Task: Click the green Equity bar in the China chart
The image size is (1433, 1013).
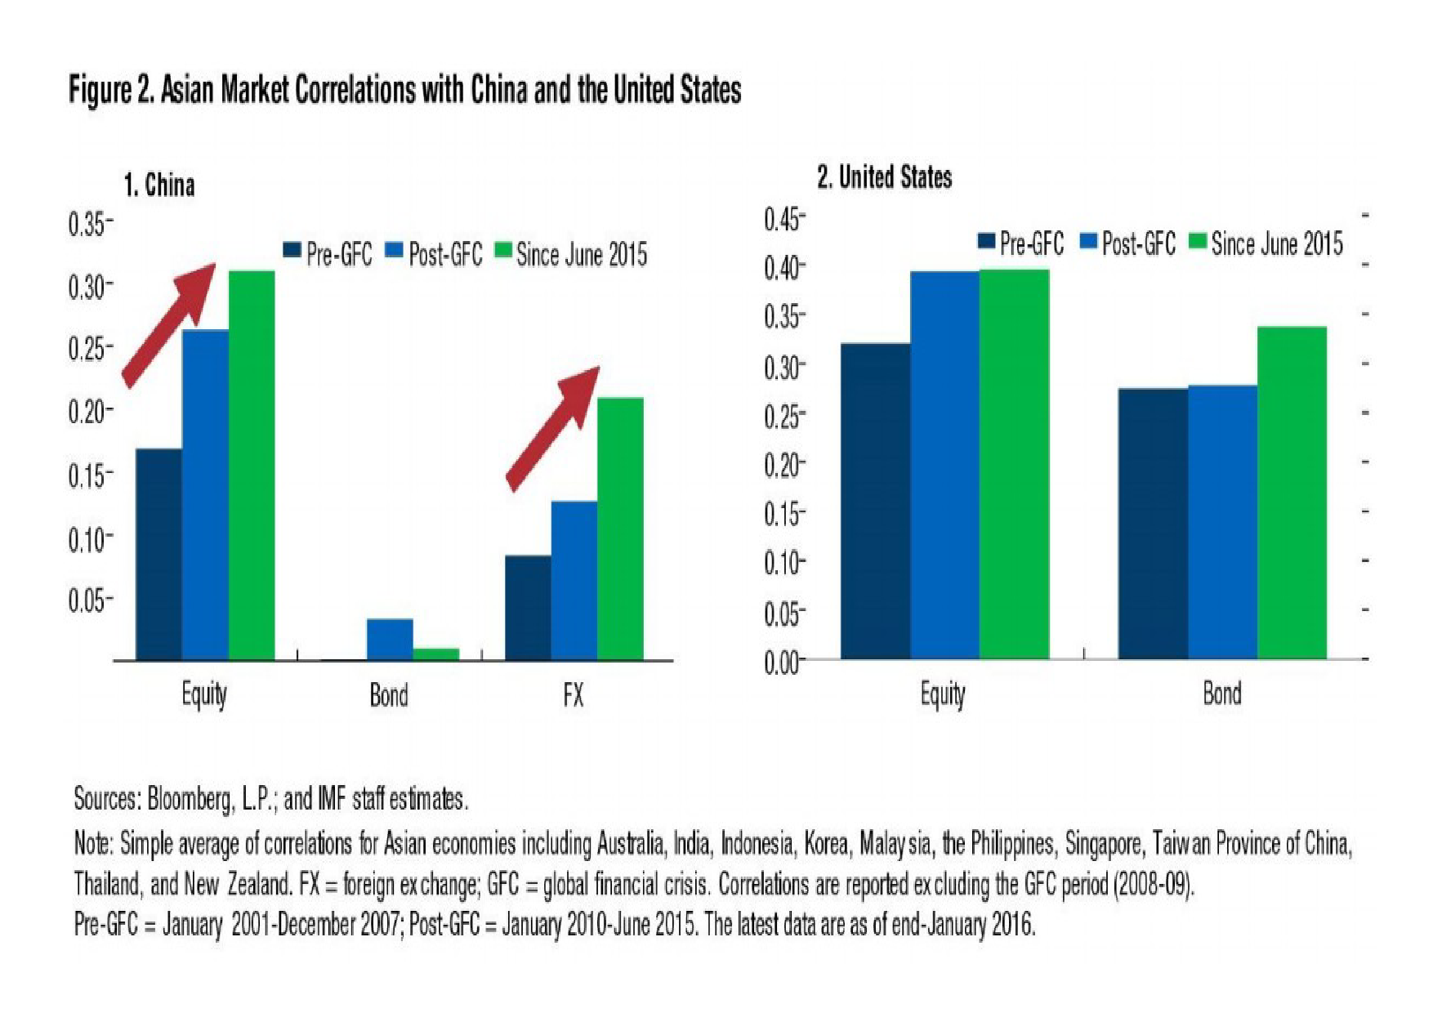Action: [x=252, y=466]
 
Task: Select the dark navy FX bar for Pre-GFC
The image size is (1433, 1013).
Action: [x=528, y=608]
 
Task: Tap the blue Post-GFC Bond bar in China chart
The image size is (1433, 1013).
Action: [x=390, y=640]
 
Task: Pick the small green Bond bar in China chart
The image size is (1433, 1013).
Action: [x=436, y=654]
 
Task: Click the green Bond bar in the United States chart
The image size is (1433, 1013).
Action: [x=1292, y=493]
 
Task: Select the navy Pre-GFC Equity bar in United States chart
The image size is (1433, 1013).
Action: [x=875, y=502]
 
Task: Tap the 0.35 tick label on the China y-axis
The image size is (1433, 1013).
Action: [x=87, y=224]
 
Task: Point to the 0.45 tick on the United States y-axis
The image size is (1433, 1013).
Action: [x=782, y=220]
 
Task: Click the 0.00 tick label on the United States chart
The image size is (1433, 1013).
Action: [x=782, y=663]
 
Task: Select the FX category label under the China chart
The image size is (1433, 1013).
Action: [x=574, y=695]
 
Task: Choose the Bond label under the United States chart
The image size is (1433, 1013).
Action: [x=1222, y=694]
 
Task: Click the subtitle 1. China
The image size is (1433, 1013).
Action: [x=159, y=185]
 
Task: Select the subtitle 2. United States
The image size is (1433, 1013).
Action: [x=885, y=177]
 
